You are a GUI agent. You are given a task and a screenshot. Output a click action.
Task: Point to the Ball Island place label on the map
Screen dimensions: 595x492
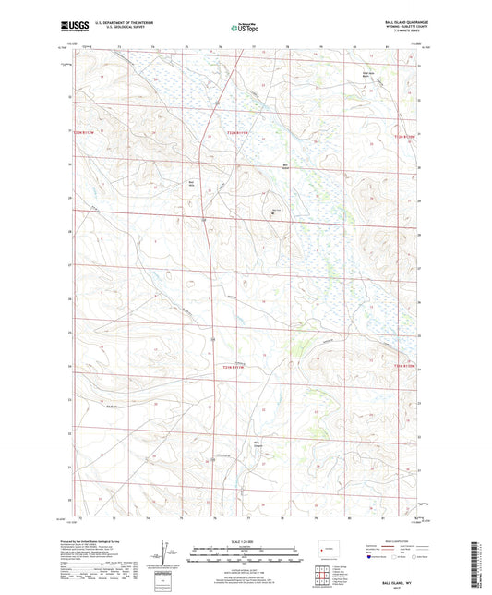point(285,167)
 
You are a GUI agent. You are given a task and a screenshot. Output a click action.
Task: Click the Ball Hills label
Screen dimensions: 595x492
point(192,183)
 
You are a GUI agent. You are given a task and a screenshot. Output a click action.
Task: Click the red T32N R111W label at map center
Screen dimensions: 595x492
point(238,135)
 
